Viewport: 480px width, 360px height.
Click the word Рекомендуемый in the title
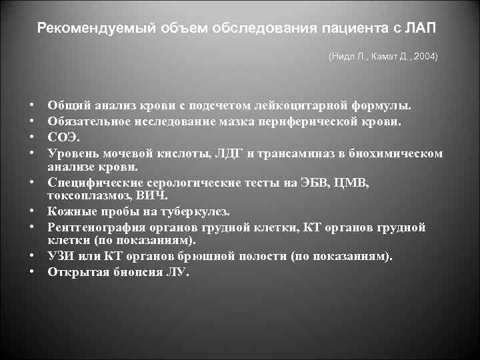[81, 29]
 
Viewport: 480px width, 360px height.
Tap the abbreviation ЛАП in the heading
[424, 29]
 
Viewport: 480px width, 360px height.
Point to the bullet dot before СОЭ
[31, 138]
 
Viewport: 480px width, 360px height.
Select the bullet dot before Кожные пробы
[31, 213]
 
